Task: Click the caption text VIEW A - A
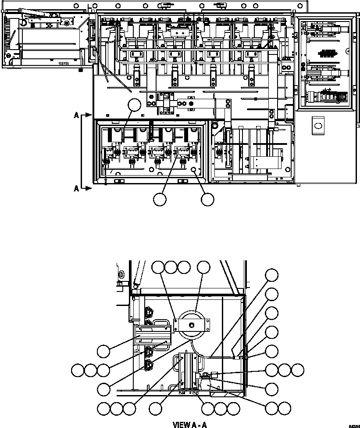pyautogui.click(x=189, y=424)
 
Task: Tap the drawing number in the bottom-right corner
pyautogui.click(x=354, y=425)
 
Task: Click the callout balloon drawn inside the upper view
pyautogui.click(x=134, y=105)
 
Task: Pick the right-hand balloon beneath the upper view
pyautogui.click(x=207, y=200)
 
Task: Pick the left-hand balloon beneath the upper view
pyautogui.click(x=160, y=200)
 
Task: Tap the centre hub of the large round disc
pyautogui.click(x=192, y=325)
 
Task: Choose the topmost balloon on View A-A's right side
pyautogui.click(x=272, y=275)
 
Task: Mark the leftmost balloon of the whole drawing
pyautogui.click(x=78, y=370)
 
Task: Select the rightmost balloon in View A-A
pyautogui.click(x=298, y=370)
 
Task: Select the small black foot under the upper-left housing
pyautogui.click(x=81, y=69)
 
